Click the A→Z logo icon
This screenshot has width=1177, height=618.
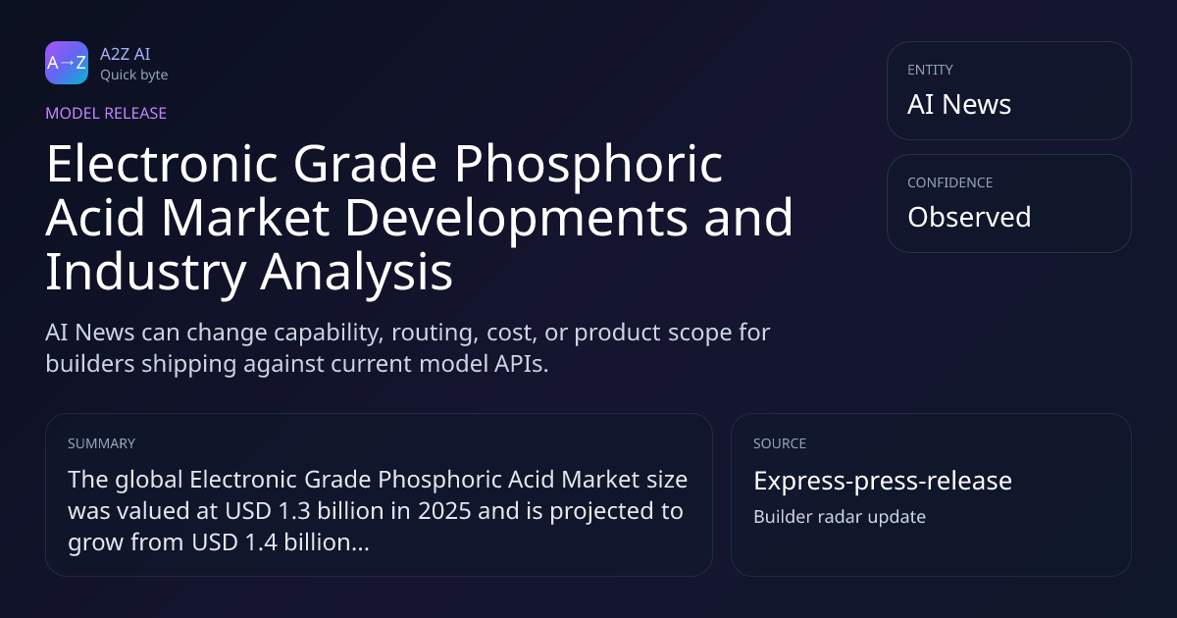tap(67, 63)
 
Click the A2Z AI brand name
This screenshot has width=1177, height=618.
tap(126, 54)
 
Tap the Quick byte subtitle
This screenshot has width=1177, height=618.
tap(134, 76)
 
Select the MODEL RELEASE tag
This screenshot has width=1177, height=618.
tap(106, 113)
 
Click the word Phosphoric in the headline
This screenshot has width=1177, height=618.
tap(588, 164)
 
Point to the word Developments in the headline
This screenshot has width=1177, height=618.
tap(516, 218)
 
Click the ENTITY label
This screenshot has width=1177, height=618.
tap(930, 70)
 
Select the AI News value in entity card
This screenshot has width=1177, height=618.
tap(959, 104)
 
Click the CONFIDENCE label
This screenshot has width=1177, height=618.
tap(950, 182)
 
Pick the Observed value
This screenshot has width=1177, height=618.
tap(969, 217)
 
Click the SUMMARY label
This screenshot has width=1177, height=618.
tap(101, 443)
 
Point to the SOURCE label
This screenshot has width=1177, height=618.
tap(780, 443)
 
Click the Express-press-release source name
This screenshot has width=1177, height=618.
tap(883, 481)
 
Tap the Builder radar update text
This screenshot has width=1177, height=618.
tap(840, 517)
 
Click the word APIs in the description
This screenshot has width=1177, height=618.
tap(521, 364)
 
